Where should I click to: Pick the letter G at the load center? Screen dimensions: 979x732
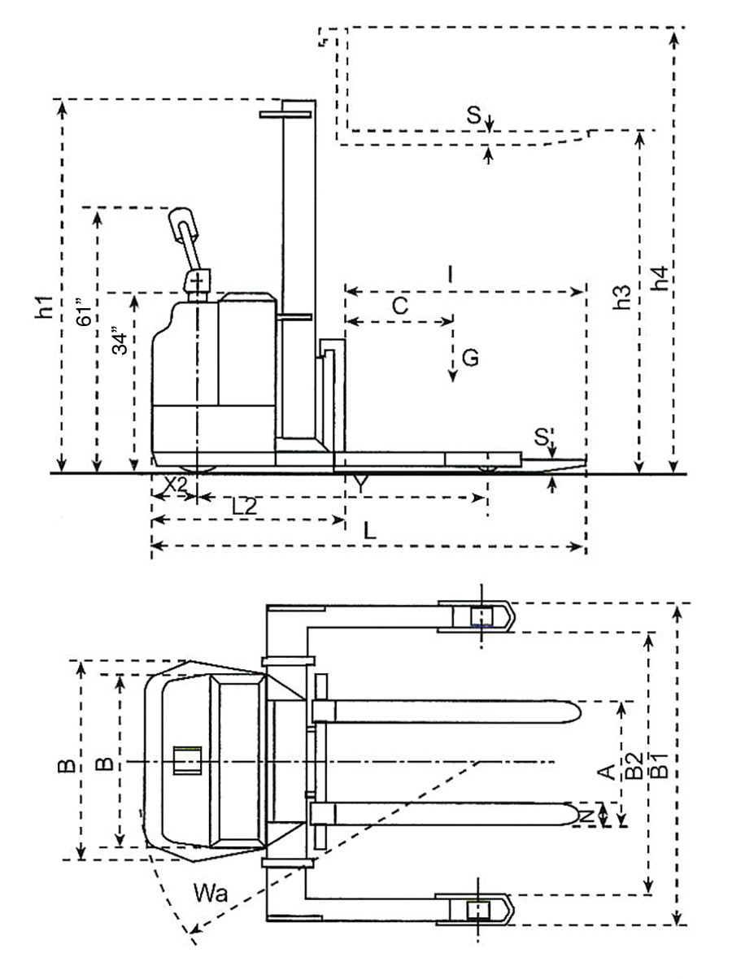[x=469, y=358]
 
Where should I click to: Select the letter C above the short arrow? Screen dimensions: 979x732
[x=399, y=306]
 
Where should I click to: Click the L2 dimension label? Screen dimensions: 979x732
[x=244, y=506]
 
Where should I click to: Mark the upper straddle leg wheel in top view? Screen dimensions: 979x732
[x=481, y=617]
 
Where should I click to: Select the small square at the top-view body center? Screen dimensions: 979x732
[x=189, y=761]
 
